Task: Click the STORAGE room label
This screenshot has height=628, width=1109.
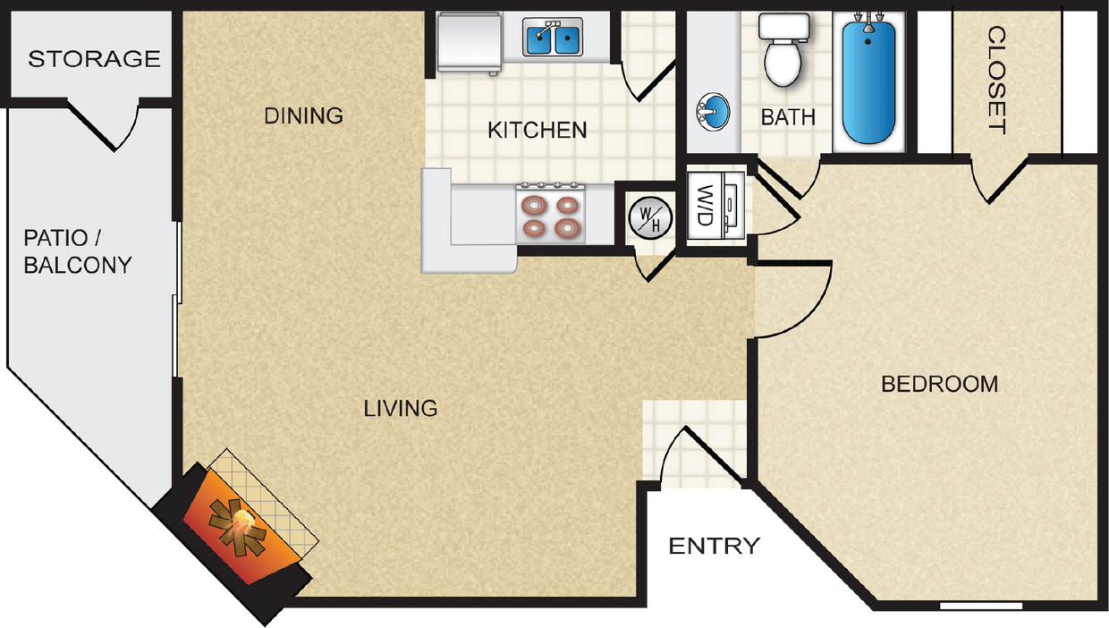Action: coord(94,60)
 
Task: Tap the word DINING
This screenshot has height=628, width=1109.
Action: coord(304,115)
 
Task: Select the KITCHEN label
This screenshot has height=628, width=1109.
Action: coord(537,130)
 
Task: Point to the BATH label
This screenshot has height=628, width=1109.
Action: coord(788,117)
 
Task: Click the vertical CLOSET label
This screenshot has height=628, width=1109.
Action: coord(996,80)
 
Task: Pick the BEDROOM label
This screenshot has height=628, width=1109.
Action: coord(939,385)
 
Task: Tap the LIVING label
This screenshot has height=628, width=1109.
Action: coord(401,409)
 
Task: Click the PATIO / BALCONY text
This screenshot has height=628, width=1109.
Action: coord(78,251)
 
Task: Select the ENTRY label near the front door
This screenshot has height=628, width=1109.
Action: coord(715,546)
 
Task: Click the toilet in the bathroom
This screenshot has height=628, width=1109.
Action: coord(783,52)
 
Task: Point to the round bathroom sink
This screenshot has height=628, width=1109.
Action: coord(713,113)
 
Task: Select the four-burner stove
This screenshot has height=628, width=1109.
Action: coord(551,215)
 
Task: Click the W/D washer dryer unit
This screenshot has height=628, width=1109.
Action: coord(715,206)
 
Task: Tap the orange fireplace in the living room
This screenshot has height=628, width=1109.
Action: coord(237,528)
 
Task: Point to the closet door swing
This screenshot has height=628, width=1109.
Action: coord(997,179)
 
